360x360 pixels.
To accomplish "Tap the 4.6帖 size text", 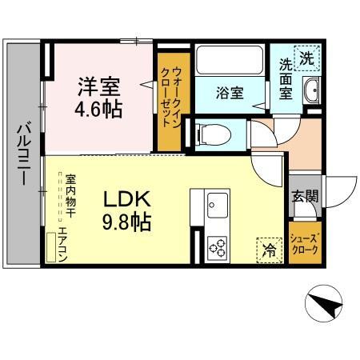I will [100, 108].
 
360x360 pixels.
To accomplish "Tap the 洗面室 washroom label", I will [286, 78].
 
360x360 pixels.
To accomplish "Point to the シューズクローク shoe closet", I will [305, 243].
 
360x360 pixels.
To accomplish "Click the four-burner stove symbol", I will [217, 248].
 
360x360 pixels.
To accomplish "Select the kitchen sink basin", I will [216, 203].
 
